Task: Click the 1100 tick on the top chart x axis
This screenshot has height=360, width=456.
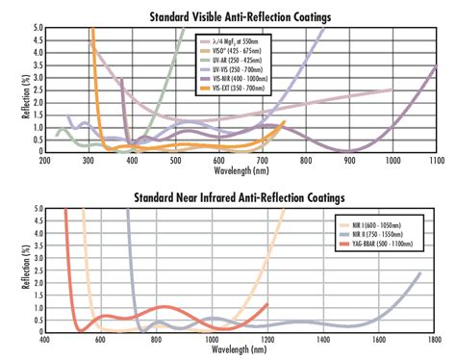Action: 436,160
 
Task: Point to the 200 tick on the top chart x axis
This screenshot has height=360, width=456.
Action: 45,160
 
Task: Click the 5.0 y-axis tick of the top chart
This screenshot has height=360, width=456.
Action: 36,29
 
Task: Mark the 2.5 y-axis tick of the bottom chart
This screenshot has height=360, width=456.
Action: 36,270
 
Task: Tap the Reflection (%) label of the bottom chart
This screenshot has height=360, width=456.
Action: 13,270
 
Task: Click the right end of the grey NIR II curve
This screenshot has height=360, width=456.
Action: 420,273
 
